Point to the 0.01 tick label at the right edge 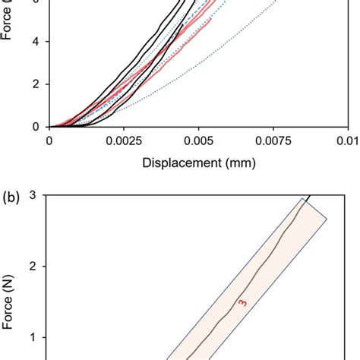[x=351, y=141]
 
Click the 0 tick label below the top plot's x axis [x=49, y=141]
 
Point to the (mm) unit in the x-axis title [x=238, y=162]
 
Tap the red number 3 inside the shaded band [x=243, y=304]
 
